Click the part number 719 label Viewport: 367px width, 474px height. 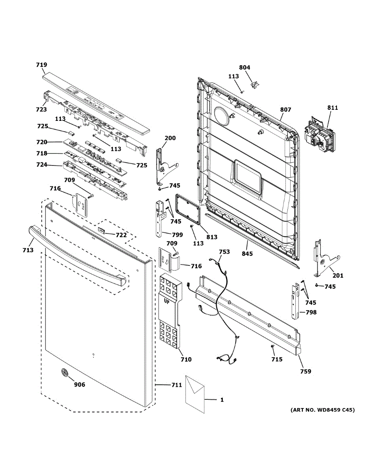pos(42,65)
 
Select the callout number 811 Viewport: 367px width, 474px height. pos(333,107)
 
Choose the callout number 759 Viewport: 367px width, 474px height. pos(305,371)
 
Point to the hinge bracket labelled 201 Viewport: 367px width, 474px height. pos(324,259)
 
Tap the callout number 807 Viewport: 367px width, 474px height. pos(285,110)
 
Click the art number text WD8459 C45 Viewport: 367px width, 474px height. pos(323,410)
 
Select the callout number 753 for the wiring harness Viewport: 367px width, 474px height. pos(224,252)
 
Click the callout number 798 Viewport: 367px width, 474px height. pos(311,312)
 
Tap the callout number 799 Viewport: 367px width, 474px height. pos(177,235)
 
